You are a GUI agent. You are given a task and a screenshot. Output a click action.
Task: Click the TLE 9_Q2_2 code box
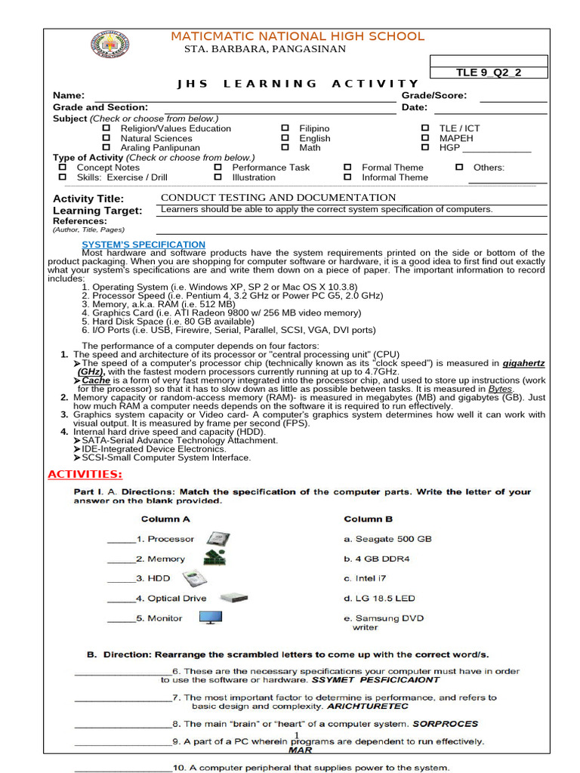[488, 72]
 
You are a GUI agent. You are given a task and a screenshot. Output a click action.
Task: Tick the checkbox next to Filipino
[285, 128]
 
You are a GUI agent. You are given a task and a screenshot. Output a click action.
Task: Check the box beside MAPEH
[425, 138]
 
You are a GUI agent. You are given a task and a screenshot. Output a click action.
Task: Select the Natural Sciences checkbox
[106, 138]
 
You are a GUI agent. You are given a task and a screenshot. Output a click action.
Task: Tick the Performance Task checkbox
[218, 168]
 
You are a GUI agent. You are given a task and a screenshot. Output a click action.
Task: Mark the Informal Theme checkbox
[348, 177]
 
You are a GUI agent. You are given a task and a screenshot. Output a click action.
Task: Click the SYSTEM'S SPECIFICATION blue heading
[143, 245]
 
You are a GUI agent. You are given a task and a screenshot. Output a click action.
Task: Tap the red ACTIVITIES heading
[85, 474]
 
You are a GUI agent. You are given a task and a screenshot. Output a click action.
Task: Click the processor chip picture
[218, 540]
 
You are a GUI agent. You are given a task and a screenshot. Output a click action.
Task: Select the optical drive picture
[234, 598]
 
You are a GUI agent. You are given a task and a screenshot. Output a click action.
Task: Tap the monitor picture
[211, 618]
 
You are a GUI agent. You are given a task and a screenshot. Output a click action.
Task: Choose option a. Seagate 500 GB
[387, 539]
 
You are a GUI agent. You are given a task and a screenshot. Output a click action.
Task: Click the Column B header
[369, 519]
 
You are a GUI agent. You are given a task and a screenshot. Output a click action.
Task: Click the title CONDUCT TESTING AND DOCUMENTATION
[279, 197]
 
